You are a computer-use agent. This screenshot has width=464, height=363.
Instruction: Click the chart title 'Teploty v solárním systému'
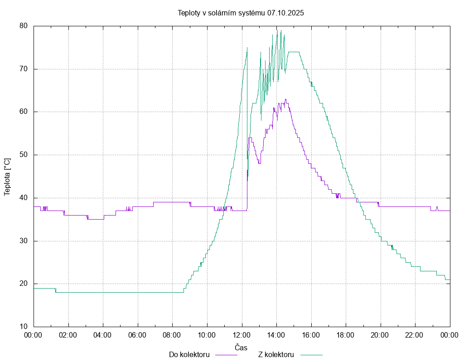[x=221, y=13]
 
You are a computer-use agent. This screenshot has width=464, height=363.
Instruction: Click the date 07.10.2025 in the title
[x=285, y=13]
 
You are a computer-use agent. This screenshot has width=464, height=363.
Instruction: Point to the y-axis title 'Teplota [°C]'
[x=7, y=177]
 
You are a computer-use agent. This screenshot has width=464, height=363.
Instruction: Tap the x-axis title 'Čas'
[x=241, y=348]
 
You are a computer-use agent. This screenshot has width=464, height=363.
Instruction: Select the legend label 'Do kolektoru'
[x=189, y=354]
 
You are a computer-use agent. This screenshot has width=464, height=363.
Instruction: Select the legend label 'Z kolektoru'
[x=276, y=354]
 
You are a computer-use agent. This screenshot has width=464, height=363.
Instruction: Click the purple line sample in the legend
[x=226, y=355]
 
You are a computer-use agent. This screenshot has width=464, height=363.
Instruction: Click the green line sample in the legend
[x=311, y=355]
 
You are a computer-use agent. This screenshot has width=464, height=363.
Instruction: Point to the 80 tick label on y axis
[x=24, y=26]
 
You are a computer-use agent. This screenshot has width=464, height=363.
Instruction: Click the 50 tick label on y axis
[x=24, y=155]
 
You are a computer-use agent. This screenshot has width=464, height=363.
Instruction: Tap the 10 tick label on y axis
[x=24, y=327]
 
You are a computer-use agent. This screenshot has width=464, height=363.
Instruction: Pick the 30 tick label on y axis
[x=24, y=241]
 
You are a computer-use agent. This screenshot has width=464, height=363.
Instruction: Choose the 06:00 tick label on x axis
[x=137, y=335]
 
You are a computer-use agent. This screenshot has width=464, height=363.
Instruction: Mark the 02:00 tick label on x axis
[x=68, y=335]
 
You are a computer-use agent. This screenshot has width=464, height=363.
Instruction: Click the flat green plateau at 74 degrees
[x=294, y=52]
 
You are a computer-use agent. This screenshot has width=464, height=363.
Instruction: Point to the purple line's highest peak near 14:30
[x=285, y=99]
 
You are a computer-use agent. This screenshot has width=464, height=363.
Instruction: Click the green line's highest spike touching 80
[x=277, y=27]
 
